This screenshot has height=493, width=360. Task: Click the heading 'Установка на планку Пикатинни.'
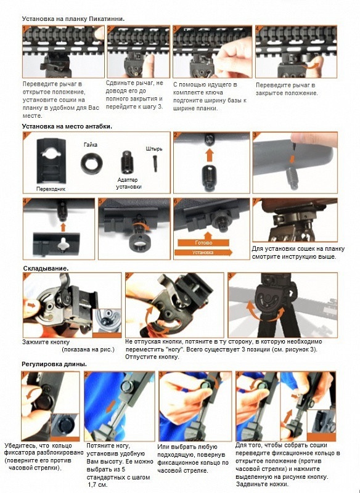(x=73, y=19)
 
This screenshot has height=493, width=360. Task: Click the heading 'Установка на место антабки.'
(x=67, y=126)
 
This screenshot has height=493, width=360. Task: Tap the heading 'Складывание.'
(x=46, y=269)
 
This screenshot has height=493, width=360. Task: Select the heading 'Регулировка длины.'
(x=54, y=364)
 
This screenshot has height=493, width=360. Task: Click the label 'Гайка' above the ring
(x=90, y=145)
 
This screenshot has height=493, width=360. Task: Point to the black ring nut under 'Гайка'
(x=91, y=164)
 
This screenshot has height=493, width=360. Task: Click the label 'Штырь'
(x=154, y=149)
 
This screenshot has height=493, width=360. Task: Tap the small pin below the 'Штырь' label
(x=155, y=163)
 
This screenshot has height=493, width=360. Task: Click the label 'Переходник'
(x=51, y=189)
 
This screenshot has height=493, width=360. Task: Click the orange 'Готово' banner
(x=203, y=243)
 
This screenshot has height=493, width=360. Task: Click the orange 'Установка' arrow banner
(x=203, y=252)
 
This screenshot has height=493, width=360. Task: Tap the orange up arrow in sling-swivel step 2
(x=210, y=155)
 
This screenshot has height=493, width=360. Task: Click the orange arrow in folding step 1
(x=31, y=304)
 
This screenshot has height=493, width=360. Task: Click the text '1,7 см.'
(x=98, y=484)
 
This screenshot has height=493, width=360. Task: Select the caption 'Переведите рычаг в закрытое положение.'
(x=287, y=89)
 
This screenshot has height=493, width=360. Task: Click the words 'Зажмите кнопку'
(x=46, y=342)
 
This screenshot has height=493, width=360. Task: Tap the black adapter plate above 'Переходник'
(x=51, y=161)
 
